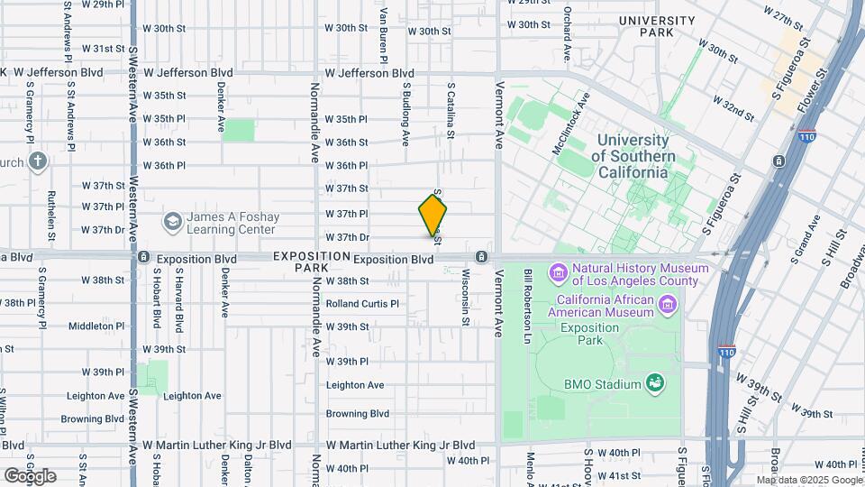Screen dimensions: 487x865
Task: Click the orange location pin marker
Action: point(432,216)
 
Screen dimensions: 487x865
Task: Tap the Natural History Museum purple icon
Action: point(558,271)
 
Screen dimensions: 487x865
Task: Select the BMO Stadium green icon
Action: point(657,384)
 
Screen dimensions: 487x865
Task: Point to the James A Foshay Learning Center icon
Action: point(171,221)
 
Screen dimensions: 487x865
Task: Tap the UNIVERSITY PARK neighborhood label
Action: point(657,26)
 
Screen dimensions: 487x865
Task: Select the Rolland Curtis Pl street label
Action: point(362,304)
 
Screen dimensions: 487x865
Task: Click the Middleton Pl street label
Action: point(96,326)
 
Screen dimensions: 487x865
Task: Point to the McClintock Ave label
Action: point(571,123)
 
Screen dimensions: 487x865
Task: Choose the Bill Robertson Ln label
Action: point(529,305)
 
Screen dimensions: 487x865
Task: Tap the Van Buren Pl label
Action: point(384,34)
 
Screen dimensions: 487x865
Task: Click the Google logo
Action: point(29,475)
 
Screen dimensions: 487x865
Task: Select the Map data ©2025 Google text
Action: point(808,480)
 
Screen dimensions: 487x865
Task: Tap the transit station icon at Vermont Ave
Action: point(482,257)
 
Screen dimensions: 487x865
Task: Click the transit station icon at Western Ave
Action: point(143,257)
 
